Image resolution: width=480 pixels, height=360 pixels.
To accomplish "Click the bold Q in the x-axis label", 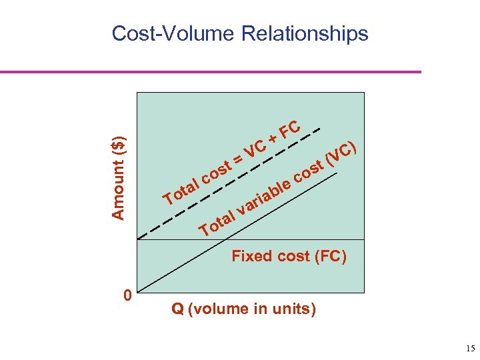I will point(177,309).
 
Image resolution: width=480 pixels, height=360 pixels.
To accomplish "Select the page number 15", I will point(470,349).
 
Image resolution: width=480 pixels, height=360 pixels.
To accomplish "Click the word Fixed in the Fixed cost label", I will point(251,256).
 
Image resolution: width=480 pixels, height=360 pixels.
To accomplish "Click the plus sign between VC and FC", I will point(272,139).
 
